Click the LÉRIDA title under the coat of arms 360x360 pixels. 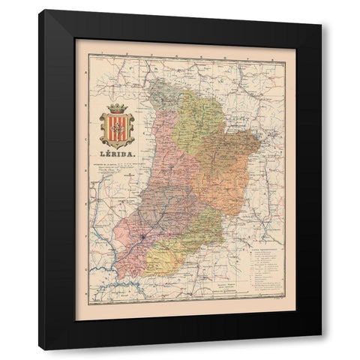click(x=118, y=156)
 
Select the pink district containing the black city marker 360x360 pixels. click(x=135, y=232)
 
